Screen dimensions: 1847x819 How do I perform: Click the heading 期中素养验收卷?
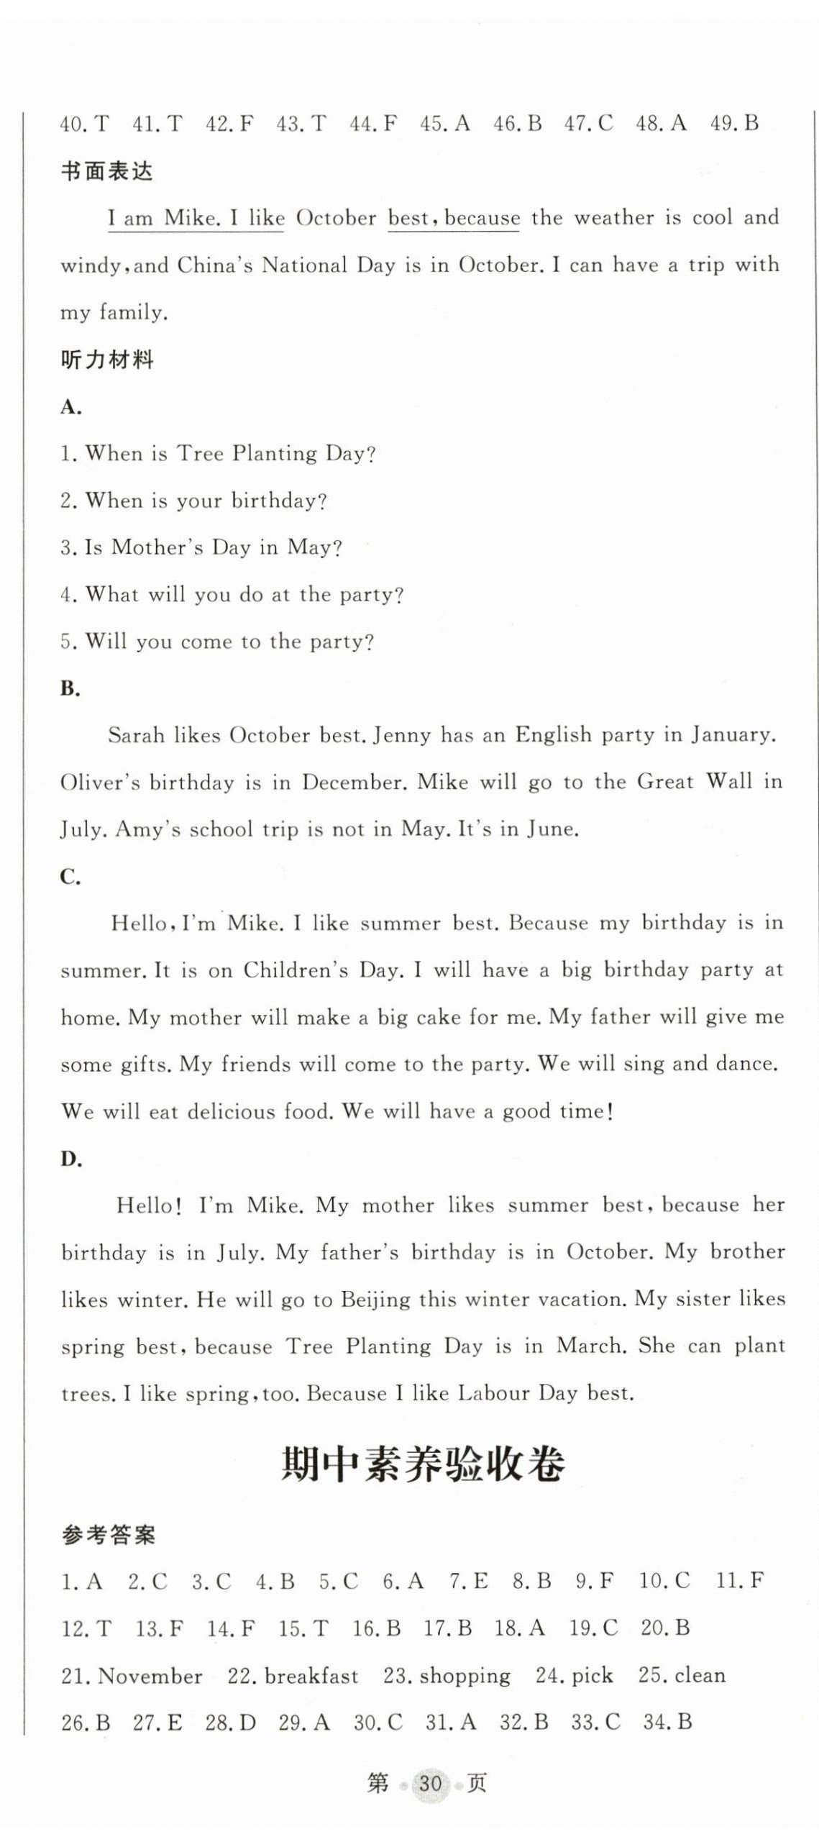[x=423, y=1464]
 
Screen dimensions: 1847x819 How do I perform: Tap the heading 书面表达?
[x=107, y=171]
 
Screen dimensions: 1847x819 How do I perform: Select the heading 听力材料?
[x=107, y=360]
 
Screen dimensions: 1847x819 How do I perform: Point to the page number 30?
[x=429, y=1784]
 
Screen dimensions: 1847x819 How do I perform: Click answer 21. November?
[x=132, y=1676]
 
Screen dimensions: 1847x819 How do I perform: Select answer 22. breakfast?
[x=293, y=1676]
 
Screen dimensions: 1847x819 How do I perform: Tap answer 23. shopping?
[x=447, y=1676]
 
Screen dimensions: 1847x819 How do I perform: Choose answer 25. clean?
[x=682, y=1676]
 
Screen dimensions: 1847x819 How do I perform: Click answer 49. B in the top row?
[x=734, y=124]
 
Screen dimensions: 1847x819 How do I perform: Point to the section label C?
[x=70, y=877]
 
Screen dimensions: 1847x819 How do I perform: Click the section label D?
[x=70, y=1159]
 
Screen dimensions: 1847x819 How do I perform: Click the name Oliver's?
[x=101, y=783]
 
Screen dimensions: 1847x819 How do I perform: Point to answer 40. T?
[x=84, y=124]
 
